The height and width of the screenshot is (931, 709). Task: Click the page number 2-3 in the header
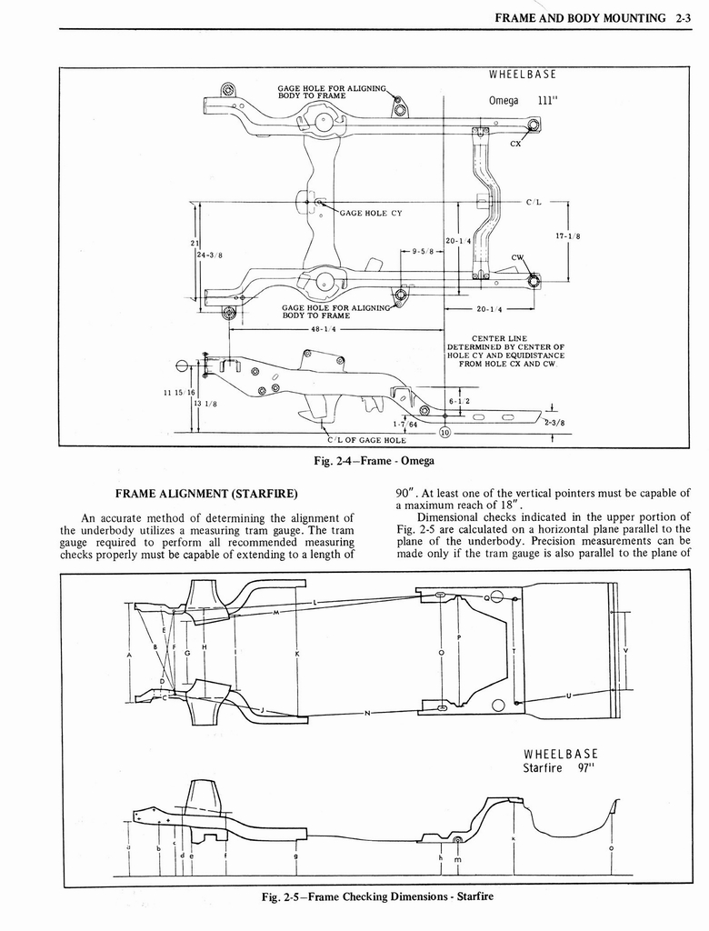(x=684, y=16)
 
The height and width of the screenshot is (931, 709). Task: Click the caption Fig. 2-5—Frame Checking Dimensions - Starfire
(x=377, y=896)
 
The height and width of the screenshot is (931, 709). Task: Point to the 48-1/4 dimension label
(x=325, y=330)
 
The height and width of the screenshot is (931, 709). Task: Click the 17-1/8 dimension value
(x=567, y=236)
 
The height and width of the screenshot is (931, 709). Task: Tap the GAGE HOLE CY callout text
(x=371, y=214)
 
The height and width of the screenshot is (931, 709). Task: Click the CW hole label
(x=518, y=257)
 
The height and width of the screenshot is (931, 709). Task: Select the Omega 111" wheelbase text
(x=522, y=100)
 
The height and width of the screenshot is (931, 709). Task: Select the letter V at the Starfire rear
(x=625, y=651)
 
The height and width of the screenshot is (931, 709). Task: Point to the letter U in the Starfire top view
(x=569, y=696)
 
